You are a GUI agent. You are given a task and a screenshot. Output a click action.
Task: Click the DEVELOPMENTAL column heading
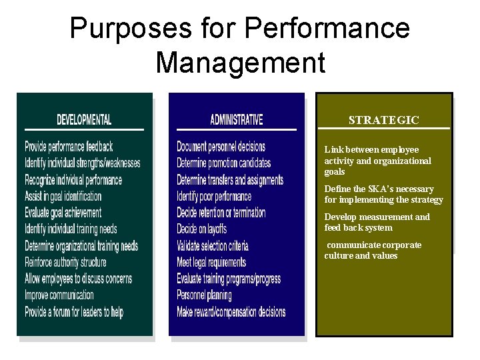pyautogui.click(x=84, y=120)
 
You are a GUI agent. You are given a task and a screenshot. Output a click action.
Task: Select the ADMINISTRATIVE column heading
pyautogui.click(x=236, y=120)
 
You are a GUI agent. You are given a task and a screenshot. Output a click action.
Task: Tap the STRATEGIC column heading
pyautogui.click(x=383, y=120)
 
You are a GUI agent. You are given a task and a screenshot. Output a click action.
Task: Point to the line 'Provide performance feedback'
pyautogui.click(x=69, y=146)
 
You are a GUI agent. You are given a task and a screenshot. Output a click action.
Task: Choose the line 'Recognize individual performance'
pyautogui.click(x=73, y=179)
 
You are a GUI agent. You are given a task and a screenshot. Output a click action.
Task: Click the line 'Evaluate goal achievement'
pyautogui.click(x=63, y=213)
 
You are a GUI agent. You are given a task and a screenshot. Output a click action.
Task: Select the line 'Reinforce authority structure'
pyautogui.click(x=65, y=262)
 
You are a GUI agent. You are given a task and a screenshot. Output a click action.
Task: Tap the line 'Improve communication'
pyautogui.click(x=59, y=295)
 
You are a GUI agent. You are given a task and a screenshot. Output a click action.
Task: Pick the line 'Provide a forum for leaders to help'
pyautogui.click(x=74, y=311)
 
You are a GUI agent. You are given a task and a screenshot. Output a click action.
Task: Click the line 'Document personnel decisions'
pyautogui.click(x=221, y=146)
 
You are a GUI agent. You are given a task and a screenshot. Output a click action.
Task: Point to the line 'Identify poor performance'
pyautogui.click(x=214, y=196)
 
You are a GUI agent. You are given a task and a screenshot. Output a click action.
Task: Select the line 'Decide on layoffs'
pyautogui.click(x=203, y=229)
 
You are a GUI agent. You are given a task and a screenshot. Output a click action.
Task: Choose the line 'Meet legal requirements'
pyautogui.click(x=211, y=262)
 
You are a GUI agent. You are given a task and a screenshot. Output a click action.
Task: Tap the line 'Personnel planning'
pyautogui.click(x=204, y=295)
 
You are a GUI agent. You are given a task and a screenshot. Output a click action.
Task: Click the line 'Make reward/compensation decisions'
pyautogui.click(x=231, y=311)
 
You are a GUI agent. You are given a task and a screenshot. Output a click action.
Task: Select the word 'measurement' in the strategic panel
pyautogui.click(x=387, y=217)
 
